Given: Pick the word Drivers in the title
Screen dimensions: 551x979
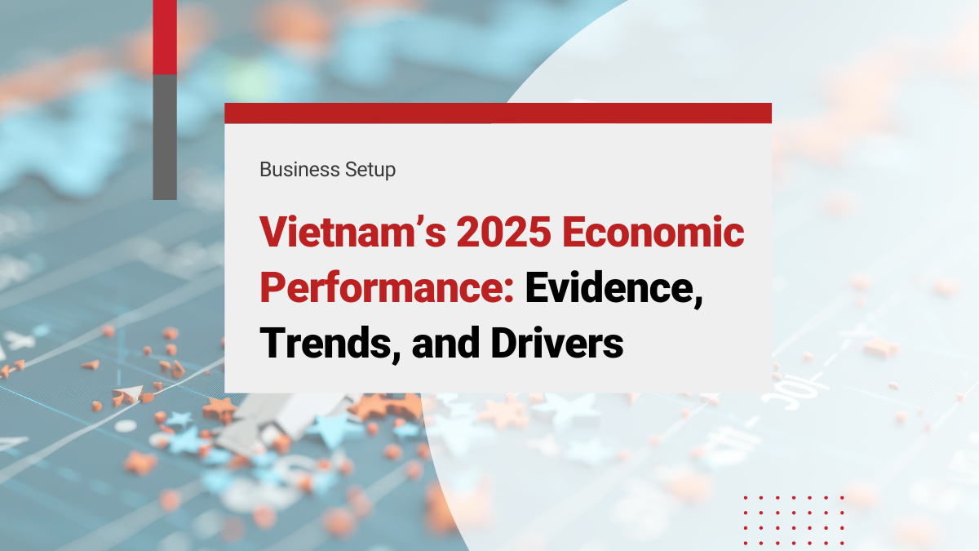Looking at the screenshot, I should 557,345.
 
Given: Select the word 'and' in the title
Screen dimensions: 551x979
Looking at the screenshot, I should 446,345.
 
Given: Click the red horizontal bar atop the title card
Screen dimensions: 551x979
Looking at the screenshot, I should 498,113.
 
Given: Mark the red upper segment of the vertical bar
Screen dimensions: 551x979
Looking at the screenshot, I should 165,37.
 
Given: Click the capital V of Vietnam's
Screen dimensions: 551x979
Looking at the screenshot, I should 275,235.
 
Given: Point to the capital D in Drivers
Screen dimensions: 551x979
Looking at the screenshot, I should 505,345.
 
